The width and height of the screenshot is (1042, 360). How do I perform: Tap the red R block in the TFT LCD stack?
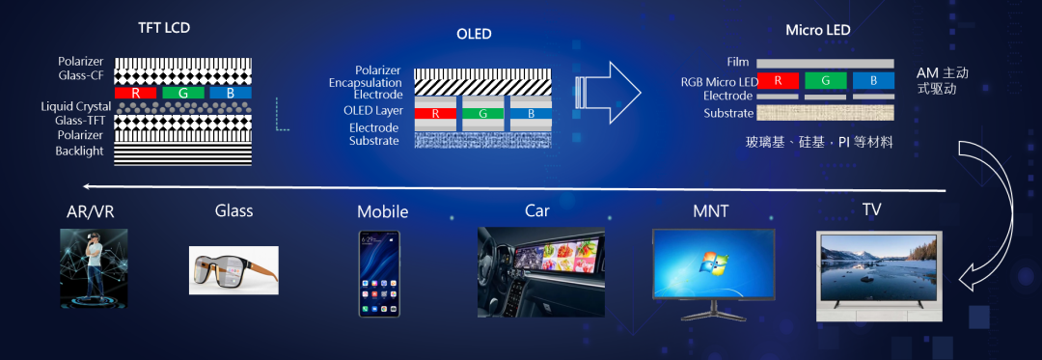(136, 93)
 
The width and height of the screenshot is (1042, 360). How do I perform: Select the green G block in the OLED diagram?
(482, 114)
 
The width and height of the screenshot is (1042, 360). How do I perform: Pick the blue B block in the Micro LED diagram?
(873, 81)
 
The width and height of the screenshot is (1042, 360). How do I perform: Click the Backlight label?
(80, 151)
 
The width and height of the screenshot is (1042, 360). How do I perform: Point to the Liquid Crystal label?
(76, 107)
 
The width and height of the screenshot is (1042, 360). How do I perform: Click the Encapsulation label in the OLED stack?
(366, 83)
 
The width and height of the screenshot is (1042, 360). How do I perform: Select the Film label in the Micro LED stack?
(738, 62)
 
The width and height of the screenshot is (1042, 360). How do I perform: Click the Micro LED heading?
(817, 30)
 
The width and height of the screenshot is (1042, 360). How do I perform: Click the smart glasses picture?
(233, 270)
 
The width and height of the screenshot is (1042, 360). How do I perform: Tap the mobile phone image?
(379, 274)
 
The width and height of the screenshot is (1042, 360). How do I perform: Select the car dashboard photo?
(541, 271)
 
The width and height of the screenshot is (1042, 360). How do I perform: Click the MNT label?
(710, 211)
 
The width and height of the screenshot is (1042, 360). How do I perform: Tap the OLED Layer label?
(371, 110)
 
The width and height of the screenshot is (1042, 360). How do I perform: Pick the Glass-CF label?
(81, 75)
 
